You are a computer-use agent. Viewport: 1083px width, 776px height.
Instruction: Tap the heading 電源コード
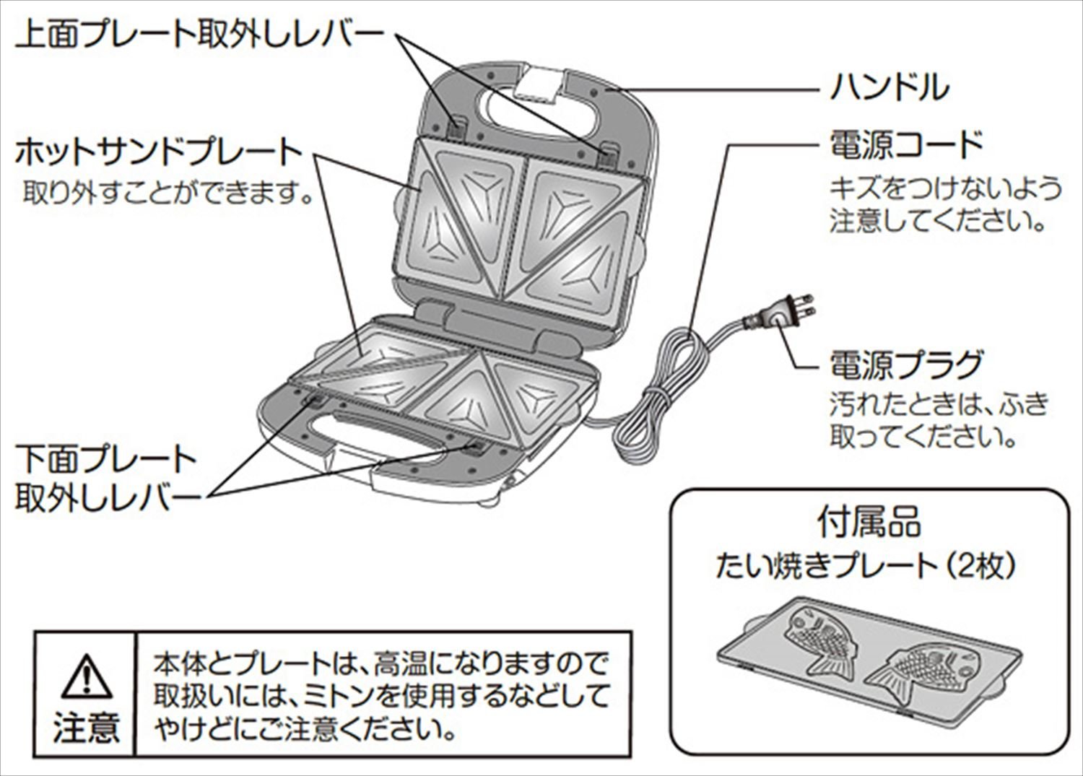click(x=906, y=145)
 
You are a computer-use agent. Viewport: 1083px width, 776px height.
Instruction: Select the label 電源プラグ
click(x=906, y=365)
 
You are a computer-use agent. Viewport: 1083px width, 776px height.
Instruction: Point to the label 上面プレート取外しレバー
click(x=199, y=34)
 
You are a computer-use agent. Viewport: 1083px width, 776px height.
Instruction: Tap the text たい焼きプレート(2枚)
click(x=866, y=565)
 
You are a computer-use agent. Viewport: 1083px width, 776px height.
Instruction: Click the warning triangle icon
click(x=85, y=676)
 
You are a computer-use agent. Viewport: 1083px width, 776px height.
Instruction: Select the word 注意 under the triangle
click(x=85, y=727)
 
